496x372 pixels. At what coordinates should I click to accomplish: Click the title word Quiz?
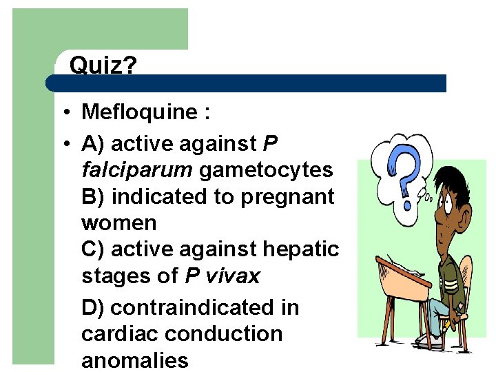(103, 66)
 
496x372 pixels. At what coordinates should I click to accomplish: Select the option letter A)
(93, 143)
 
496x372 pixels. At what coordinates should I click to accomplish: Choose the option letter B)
(93, 196)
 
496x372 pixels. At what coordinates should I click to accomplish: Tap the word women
(119, 223)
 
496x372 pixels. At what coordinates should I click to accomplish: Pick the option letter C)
(93, 249)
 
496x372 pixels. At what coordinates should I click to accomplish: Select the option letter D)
(93, 307)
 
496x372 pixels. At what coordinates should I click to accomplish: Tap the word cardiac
(120, 334)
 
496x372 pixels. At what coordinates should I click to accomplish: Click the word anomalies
(134, 360)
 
